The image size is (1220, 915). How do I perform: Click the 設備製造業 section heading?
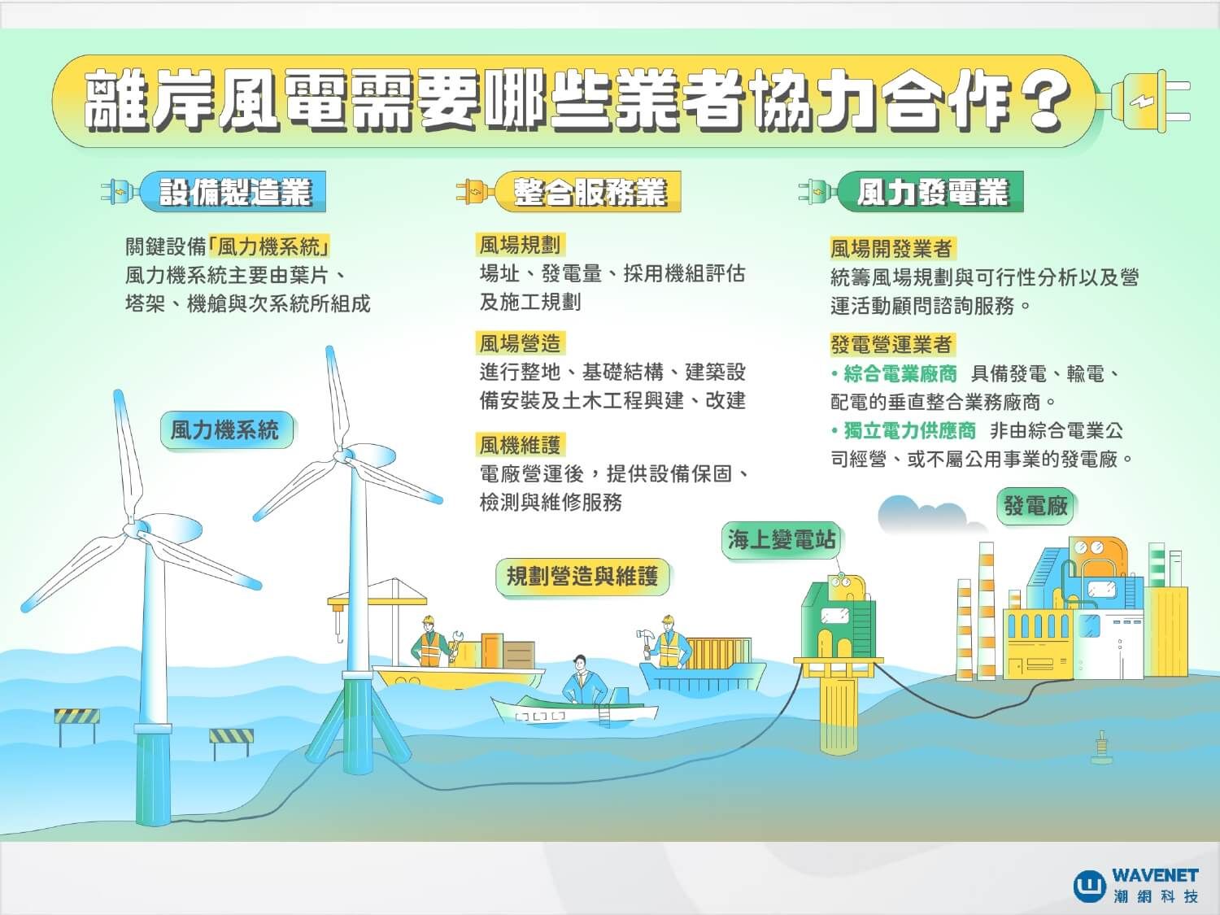point(234,193)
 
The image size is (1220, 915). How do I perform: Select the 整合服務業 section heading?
point(589,193)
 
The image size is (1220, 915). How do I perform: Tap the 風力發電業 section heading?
point(931,193)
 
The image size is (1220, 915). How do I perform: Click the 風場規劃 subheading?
point(520,244)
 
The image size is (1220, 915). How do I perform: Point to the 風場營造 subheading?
point(520,343)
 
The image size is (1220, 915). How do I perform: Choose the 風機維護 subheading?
point(520,445)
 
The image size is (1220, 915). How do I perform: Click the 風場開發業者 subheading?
point(891,248)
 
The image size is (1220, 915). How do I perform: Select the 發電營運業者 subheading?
point(891,344)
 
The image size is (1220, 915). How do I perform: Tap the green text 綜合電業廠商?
point(900,374)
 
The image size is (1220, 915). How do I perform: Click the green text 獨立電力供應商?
point(908,430)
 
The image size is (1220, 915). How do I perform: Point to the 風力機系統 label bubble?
point(224,429)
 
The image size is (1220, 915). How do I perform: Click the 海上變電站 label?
point(782,540)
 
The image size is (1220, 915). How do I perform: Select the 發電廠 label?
point(1035,506)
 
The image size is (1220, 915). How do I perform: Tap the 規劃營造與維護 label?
point(582,577)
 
